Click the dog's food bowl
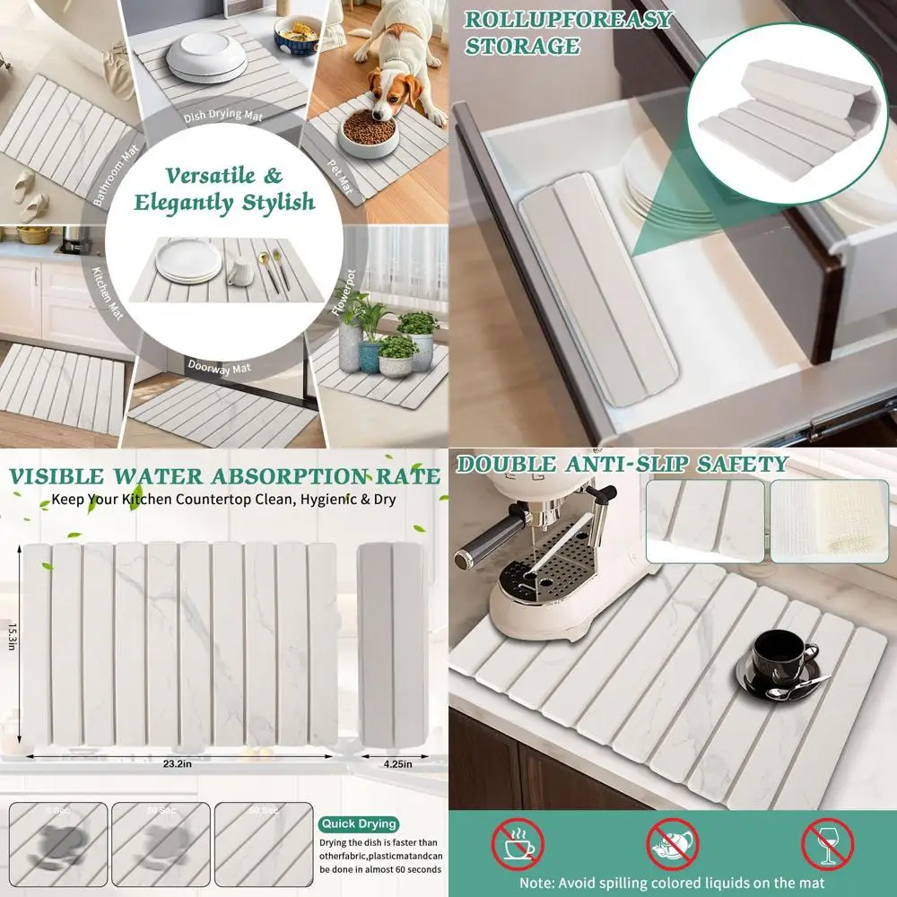[368, 132]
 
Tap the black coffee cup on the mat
[783, 657]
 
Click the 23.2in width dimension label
[180, 739]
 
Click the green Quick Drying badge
[358, 823]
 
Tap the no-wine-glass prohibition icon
[827, 844]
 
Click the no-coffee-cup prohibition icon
[518, 844]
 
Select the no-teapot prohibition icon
[673, 844]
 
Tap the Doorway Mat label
[218, 366]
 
